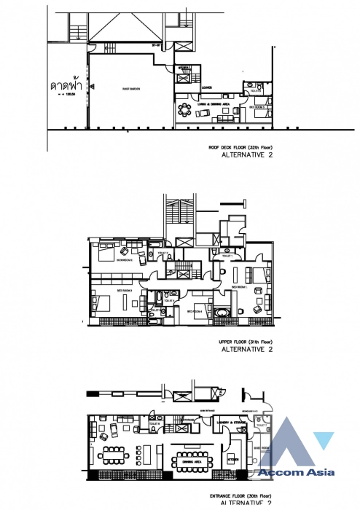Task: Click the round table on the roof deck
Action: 182,111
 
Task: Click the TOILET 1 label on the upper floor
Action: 227,256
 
